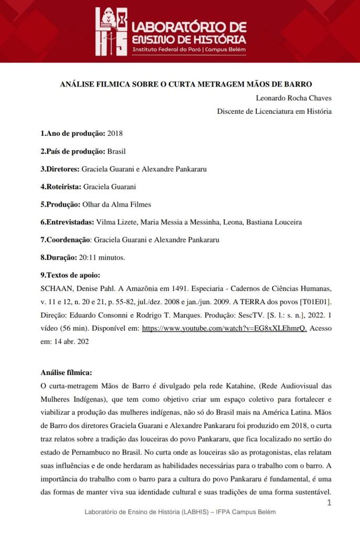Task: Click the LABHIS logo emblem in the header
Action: point(112,31)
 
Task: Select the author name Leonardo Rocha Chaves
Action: point(293,98)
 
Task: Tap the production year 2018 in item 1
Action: point(115,133)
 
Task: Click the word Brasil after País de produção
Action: point(116,151)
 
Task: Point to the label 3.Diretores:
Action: point(60,169)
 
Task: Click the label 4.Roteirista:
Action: point(61,187)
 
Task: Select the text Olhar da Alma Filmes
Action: point(117,205)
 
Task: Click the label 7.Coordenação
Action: point(66,240)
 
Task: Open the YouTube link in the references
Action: point(224,328)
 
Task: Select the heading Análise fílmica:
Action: point(66,372)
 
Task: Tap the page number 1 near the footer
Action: point(329,503)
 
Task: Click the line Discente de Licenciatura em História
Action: point(274,111)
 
